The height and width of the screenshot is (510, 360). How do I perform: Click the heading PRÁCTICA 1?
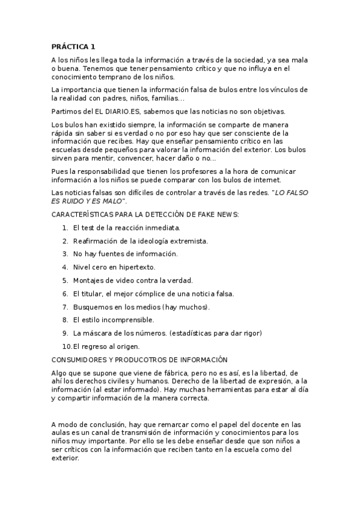click(73, 46)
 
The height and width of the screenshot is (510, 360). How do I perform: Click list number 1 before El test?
click(65, 228)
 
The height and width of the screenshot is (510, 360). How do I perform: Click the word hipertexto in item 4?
click(136, 268)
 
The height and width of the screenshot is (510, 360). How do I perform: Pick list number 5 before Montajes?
click(65, 280)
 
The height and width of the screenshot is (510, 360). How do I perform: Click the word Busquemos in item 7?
click(91, 307)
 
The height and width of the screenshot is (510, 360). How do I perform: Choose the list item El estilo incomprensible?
click(114, 320)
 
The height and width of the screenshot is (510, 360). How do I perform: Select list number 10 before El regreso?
click(67, 346)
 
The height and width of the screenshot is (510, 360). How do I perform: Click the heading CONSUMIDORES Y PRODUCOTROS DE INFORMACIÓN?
click(139, 360)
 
